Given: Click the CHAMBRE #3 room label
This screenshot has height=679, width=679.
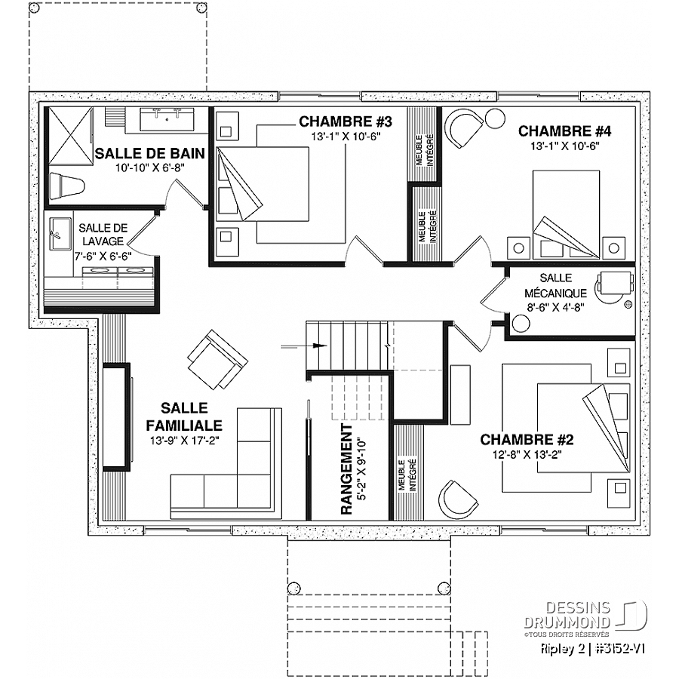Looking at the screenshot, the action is tap(345, 121).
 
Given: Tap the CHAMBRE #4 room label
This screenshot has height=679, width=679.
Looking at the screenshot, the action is tap(564, 131).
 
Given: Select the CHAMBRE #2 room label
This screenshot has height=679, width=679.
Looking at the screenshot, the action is tap(527, 440).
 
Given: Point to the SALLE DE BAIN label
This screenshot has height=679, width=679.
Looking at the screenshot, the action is tap(150, 153).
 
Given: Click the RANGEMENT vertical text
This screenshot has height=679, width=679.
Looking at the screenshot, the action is tap(346, 469).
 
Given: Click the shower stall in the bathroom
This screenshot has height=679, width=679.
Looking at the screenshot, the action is tap(70, 136).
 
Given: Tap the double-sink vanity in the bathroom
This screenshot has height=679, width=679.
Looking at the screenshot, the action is tap(167, 118).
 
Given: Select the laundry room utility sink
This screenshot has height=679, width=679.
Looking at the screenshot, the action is tap(60, 235).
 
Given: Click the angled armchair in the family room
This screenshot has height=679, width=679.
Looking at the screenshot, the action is tap(217, 359).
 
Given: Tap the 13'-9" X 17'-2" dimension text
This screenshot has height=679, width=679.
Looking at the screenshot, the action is tap(185, 441).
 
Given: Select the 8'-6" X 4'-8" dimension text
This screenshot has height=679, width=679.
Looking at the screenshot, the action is tap(555, 308).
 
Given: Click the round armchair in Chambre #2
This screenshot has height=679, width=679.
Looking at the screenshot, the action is tap(455, 496).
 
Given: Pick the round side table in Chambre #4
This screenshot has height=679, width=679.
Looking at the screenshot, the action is tap(494, 118).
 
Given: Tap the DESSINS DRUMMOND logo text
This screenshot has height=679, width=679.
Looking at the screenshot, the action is tap(567, 614).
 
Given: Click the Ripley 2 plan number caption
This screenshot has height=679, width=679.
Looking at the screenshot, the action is tap(593, 648).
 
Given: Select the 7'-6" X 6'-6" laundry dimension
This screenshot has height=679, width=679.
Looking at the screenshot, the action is tap(103, 257).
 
